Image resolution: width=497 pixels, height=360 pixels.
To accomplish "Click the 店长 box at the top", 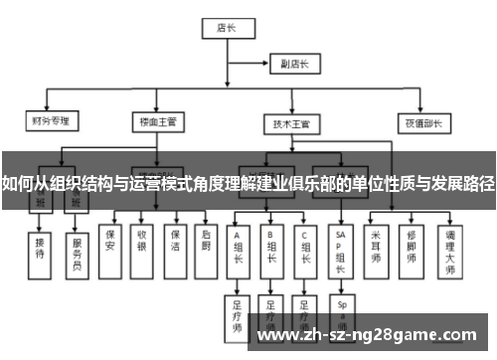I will (x=225, y=29).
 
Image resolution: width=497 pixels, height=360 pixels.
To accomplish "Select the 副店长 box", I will (x=295, y=65).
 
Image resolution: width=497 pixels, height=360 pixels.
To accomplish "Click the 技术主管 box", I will (x=291, y=125).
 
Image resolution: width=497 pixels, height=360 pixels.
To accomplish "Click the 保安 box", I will (x=110, y=239).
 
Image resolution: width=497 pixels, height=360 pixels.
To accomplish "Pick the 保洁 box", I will (x=175, y=239).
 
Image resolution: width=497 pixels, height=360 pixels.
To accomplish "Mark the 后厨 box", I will (x=206, y=239).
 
